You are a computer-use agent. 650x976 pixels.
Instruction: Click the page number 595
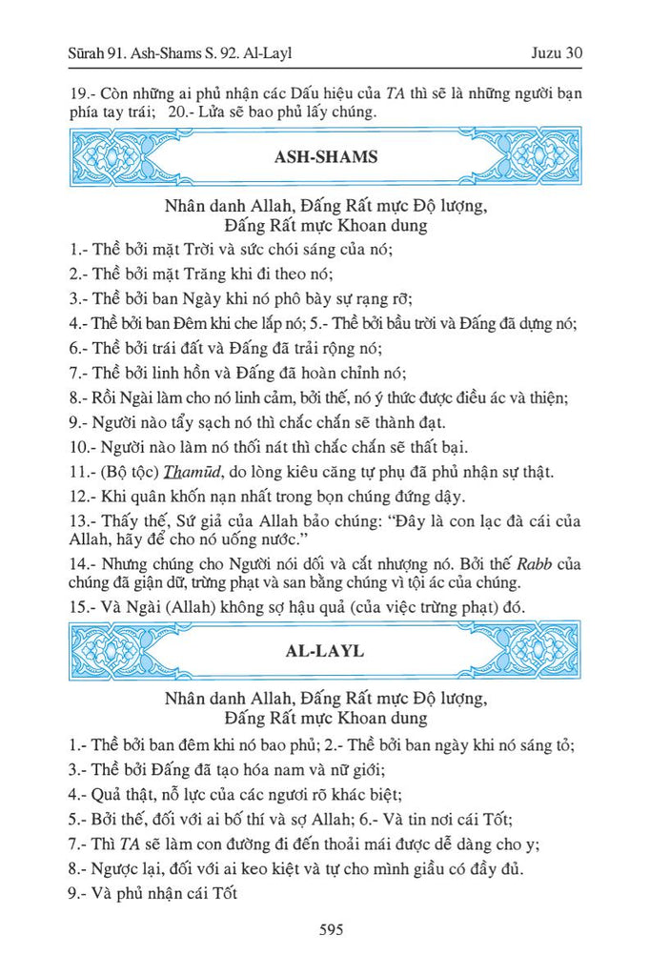[x=325, y=929]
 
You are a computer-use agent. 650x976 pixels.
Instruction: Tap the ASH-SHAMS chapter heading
[x=325, y=157]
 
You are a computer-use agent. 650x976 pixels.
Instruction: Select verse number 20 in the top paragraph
[x=180, y=112]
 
